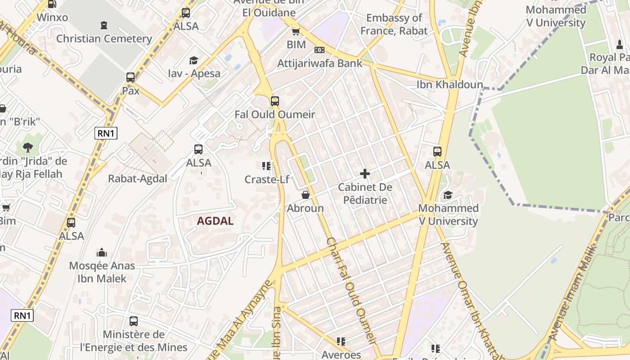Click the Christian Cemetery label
click(x=104, y=39)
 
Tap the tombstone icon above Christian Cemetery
click(x=104, y=25)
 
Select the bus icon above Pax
click(x=130, y=77)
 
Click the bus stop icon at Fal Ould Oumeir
click(x=275, y=101)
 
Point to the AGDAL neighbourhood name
click(x=215, y=221)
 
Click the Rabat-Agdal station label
click(x=138, y=179)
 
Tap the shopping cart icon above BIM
click(x=296, y=31)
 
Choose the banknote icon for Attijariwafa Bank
click(x=319, y=50)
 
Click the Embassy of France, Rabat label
click(x=394, y=24)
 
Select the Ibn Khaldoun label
click(x=450, y=85)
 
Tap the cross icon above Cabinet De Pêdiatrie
click(x=365, y=173)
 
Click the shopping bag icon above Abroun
click(x=306, y=195)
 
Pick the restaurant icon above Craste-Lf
click(x=266, y=166)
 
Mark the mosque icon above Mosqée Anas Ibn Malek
click(x=102, y=252)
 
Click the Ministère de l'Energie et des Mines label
click(x=134, y=341)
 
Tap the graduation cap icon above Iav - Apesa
click(x=193, y=60)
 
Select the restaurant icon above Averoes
click(x=341, y=342)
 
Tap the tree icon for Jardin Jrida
click(x=28, y=147)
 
